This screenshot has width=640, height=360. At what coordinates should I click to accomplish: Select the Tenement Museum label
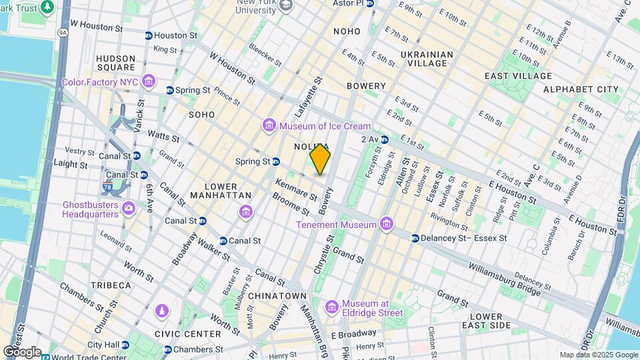pyautogui.click(x=337, y=225)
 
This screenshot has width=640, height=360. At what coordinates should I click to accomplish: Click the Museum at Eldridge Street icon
pyautogui.click(x=331, y=307)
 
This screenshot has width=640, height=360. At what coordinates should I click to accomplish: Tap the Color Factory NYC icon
pyautogui.click(x=148, y=83)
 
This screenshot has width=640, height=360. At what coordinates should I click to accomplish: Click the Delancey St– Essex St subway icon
pyautogui.click(x=415, y=238)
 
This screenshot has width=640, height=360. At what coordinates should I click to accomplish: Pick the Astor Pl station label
pyautogui.click(x=348, y=4)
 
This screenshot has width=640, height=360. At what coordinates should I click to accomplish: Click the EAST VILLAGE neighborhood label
pyautogui.click(x=519, y=76)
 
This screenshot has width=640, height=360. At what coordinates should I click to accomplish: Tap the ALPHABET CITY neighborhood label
pyautogui.click(x=581, y=89)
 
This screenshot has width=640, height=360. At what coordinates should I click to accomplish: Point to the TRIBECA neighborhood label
pyautogui.click(x=111, y=285)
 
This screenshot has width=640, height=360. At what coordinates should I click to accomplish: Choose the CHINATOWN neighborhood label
pyautogui.click(x=277, y=295)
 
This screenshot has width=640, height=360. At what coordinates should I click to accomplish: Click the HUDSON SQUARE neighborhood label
pyautogui.click(x=115, y=63)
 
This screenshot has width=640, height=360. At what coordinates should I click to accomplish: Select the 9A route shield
pyautogui.click(x=63, y=31)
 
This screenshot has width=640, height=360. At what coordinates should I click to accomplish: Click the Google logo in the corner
pyautogui.click(x=22, y=351)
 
